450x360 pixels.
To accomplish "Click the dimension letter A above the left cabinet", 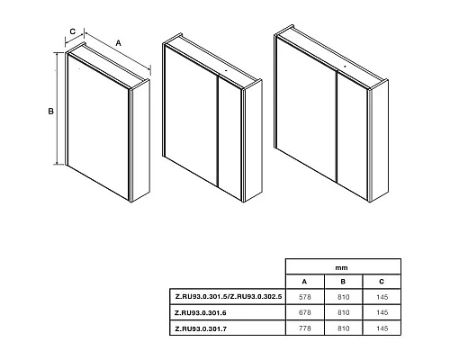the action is pyautogui.click(x=119, y=43).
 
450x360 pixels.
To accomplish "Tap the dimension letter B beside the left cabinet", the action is pyautogui.click(x=51, y=112).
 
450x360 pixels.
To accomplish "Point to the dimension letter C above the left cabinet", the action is pyautogui.click(x=73, y=31).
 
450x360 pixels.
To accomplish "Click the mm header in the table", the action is pyautogui.click(x=341, y=268).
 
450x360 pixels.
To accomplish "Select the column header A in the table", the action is pyautogui.click(x=304, y=282).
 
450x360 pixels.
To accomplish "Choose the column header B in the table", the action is pyautogui.click(x=343, y=282).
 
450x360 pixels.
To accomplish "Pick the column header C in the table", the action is pyautogui.click(x=382, y=282).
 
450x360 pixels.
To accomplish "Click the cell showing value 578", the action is pyautogui.click(x=305, y=297).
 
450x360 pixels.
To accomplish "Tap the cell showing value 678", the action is pyautogui.click(x=305, y=312).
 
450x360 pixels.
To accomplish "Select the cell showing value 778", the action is pyautogui.click(x=305, y=328).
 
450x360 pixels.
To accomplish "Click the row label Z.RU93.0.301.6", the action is pyautogui.click(x=201, y=313).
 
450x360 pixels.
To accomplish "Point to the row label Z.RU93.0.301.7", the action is pyautogui.click(x=201, y=328).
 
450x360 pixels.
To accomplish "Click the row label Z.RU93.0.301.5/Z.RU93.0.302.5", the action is pyautogui.click(x=229, y=297).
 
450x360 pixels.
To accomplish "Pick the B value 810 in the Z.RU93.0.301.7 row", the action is pyautogui.click(x=343, y=328).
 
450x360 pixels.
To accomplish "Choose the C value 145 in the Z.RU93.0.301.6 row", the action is pyautogui.click(x=382, y=312).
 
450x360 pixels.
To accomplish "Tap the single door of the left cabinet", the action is pyautogui.click(x=98, y=127).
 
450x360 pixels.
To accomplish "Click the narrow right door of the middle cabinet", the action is pyautogui.click(x=229, y=138).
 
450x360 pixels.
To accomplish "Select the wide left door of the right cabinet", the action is pyautogui.click(x=306, y=110).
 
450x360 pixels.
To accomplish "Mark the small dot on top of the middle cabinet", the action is pyautogui.click(x=226, y=71).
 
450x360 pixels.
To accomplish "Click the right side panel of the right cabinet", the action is pyautogui.click(x=379, y=141).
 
